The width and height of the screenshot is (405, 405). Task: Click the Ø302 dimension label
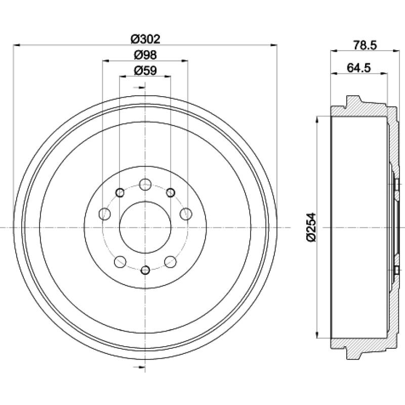[x=145, y=39]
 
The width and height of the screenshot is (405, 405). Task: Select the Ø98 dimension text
[x=145, y=55]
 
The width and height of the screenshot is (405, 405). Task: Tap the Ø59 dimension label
[x=145, y=70]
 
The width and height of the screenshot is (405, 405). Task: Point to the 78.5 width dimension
[x=365, y=45]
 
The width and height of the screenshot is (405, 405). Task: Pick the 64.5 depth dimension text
[x=359, y=68]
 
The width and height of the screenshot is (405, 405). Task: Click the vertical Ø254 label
[x=311, y=227]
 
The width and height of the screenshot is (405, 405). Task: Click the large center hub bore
[x=145, y=227]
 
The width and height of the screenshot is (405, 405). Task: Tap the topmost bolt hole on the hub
[x=145, y=184]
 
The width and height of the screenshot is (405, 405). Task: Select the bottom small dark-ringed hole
[x=145, y=270]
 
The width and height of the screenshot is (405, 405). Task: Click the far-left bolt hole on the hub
[x=105, y=214]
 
